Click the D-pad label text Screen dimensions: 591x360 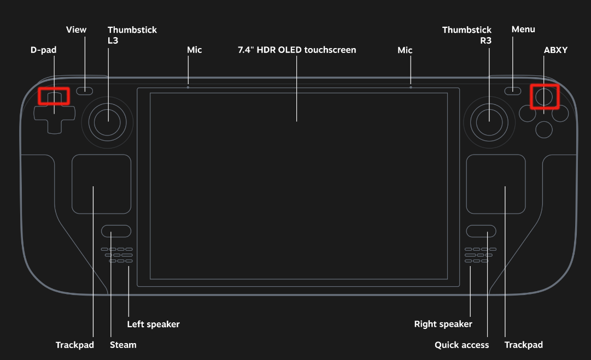point(43,50)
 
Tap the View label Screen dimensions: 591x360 point(76,29)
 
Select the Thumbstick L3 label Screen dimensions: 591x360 point(132,35)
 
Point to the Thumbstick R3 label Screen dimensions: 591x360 point(466,35)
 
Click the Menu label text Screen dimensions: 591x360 point(523,29)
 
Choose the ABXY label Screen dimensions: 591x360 point(555,50)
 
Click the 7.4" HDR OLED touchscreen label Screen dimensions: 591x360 point(297,50)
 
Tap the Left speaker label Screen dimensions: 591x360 point(154,324)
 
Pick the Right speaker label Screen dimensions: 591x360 point(443,324)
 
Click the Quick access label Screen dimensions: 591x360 point(462,345)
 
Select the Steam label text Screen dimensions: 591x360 point(123,345)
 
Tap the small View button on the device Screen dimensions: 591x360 point(84,91)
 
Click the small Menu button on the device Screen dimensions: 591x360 point(513,91)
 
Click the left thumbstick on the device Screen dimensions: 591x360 point(107,122)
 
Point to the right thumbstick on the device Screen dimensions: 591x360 point(489,122)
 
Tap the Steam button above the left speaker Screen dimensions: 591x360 point(116,231)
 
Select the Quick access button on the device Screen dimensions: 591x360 point(481,231)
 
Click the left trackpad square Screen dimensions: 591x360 point(101,184)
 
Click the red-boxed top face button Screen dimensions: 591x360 point(544,97)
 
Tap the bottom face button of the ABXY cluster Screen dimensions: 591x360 point(544,130)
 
